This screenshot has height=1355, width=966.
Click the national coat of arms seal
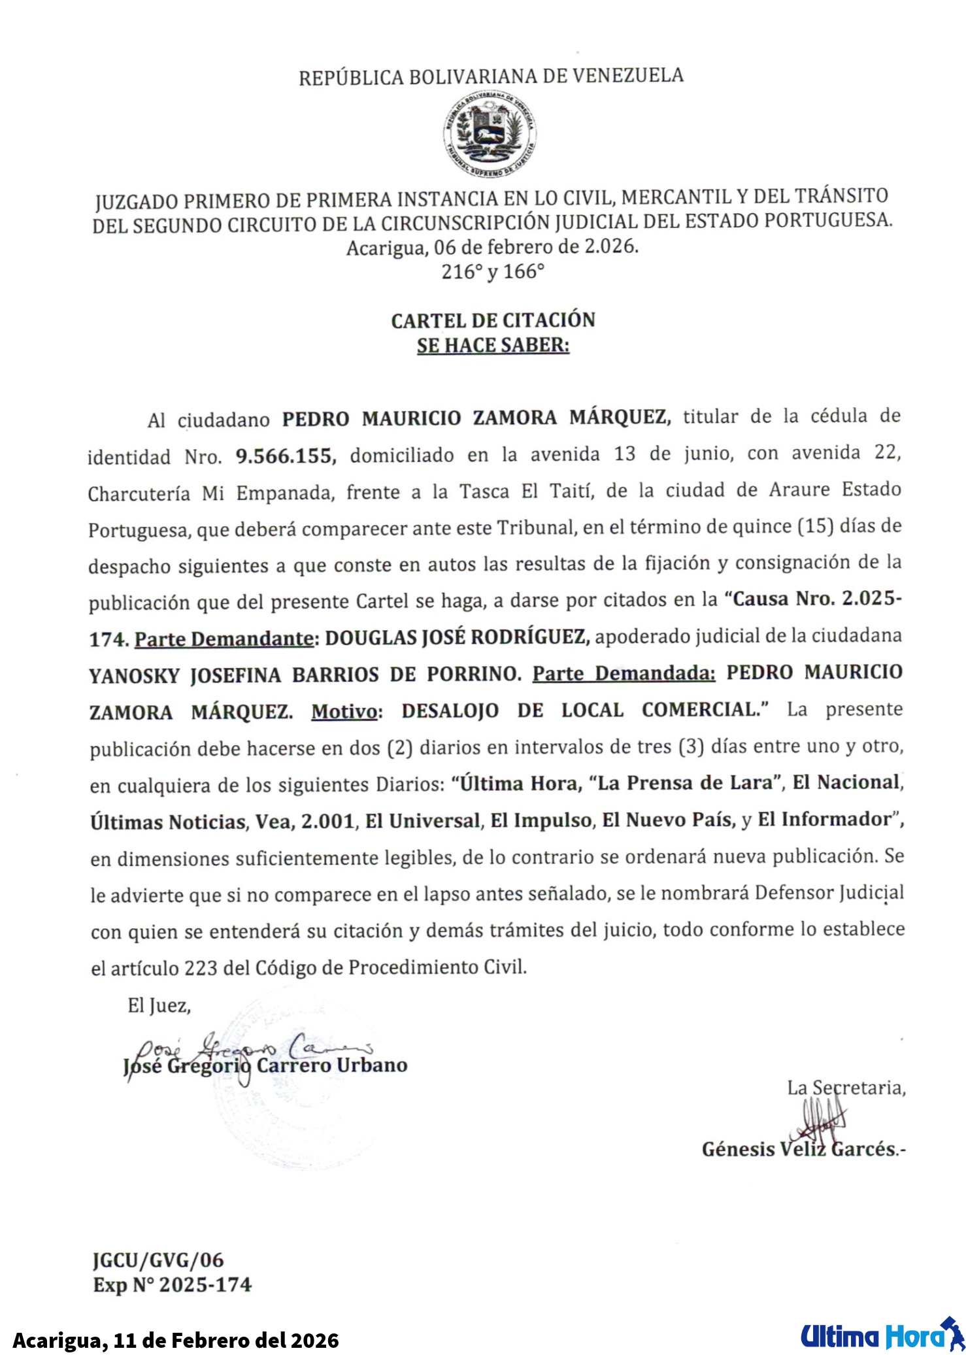(490, 134)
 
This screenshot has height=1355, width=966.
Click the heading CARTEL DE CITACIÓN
(493, 320)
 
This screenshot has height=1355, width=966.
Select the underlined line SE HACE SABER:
(493, 345)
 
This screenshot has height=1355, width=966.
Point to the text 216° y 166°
(493, 271)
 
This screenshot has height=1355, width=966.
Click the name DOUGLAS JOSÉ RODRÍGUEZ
(457, 637)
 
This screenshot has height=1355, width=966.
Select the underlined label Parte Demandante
(224, 639)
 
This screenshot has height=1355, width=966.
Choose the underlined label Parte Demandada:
(624, 673)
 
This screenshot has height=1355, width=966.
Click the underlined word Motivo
(344, 711)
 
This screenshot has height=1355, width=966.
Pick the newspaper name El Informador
(825, 820)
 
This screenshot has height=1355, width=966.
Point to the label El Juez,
(159, 1005)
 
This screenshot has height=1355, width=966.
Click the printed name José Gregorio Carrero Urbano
(265, 1066)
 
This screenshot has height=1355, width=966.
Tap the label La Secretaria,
(846, 1088)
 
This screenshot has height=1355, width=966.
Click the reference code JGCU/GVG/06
(158, 1260)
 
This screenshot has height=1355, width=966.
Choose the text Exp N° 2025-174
(172, 1285)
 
